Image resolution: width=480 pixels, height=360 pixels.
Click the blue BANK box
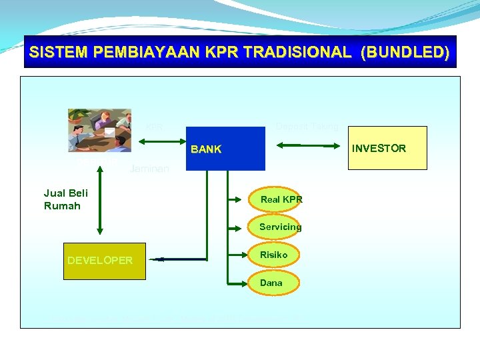[x=225, y=149]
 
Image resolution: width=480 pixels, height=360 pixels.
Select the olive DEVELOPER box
[x=104, y=260]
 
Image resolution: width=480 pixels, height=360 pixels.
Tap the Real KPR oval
[x=281, y=199]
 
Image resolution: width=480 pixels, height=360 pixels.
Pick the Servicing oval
[x=280, y=227]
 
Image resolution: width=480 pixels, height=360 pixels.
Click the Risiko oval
[x=274, y=255]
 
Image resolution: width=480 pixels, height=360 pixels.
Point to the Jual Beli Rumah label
[x=65, y=199]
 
